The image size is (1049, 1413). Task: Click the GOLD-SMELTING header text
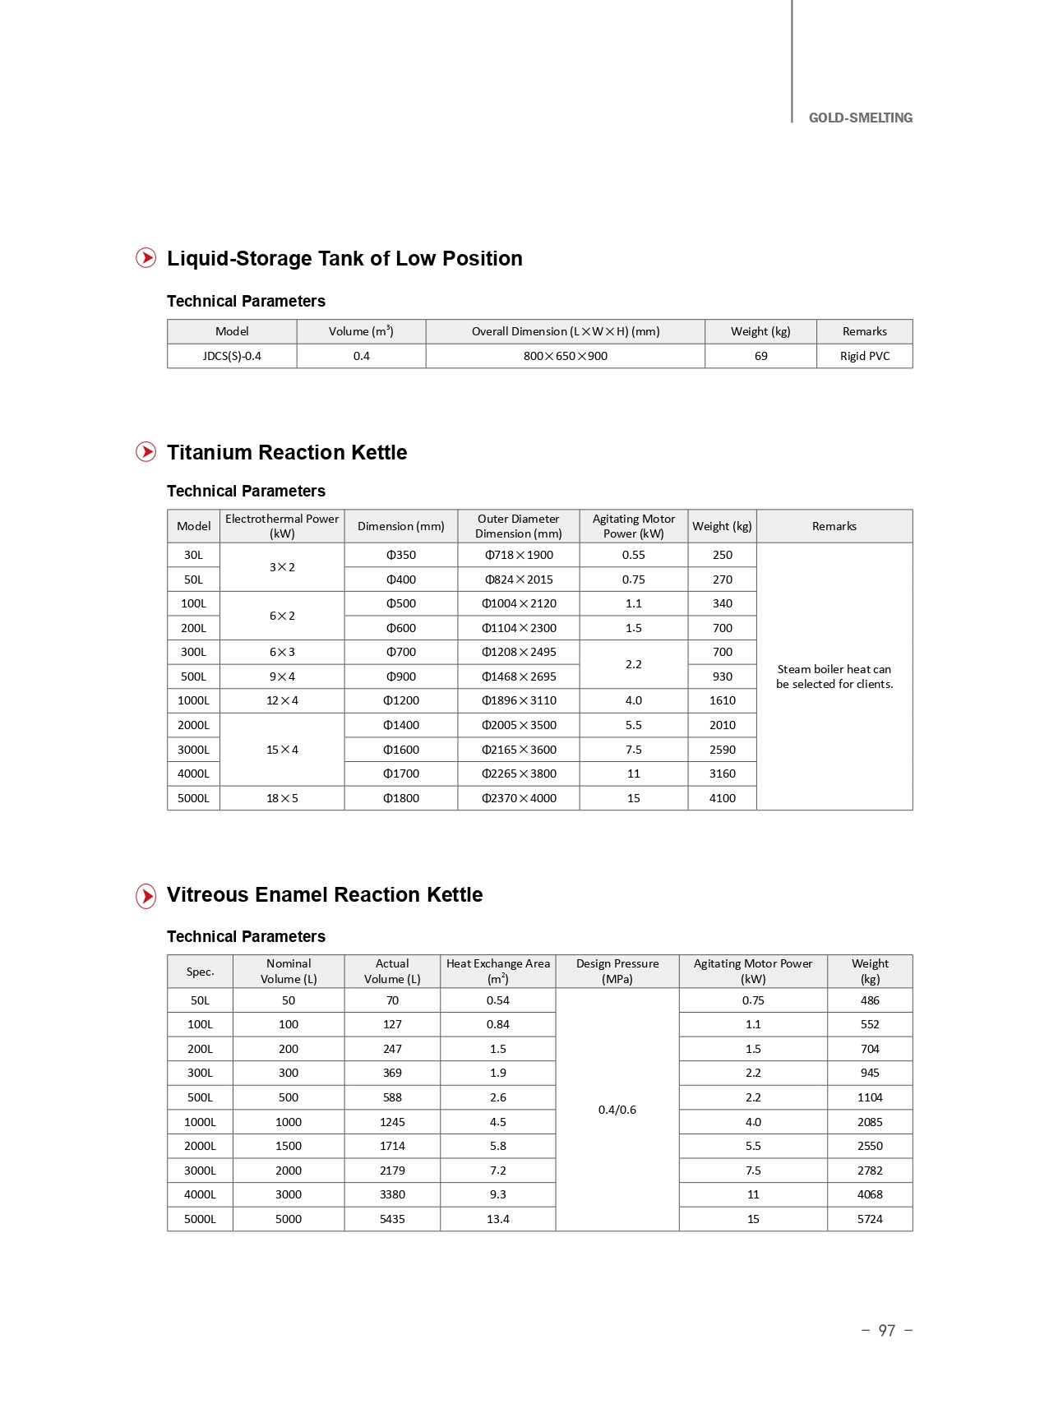(x=860, y=118)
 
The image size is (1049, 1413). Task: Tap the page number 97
(x=886, y=1330)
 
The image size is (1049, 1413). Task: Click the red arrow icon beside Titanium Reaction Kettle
(x=146, y=452)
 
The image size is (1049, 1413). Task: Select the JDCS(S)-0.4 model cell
(x=232, y=356)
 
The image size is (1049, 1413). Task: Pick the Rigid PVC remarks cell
(x=864, y=356)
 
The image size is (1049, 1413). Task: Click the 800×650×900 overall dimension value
(x=565, y=356)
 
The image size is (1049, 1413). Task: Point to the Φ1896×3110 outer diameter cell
(x=519, y=700)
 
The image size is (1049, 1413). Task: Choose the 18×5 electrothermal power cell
(x=282, y=798)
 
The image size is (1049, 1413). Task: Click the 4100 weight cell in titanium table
(x=722, y=798)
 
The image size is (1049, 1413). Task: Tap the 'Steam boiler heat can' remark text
(x=834, y=669)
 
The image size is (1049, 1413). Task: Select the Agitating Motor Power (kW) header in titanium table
(x=633, y=526)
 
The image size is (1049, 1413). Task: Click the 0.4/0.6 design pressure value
(x=617, y=1110)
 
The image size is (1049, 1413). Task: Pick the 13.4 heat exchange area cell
(x=497, y=1219)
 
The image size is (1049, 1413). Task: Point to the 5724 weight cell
(x=869, y=1219)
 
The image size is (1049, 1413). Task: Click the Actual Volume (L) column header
(x=392, y=971)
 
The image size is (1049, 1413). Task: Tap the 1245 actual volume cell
(x=392, y=1122)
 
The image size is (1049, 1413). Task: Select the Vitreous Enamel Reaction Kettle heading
(x=325, y=894)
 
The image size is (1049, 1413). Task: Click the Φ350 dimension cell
(x=401, y=555)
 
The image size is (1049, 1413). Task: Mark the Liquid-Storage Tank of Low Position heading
(x=344, y=258)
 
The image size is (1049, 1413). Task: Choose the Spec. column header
(x=200, y=972)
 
